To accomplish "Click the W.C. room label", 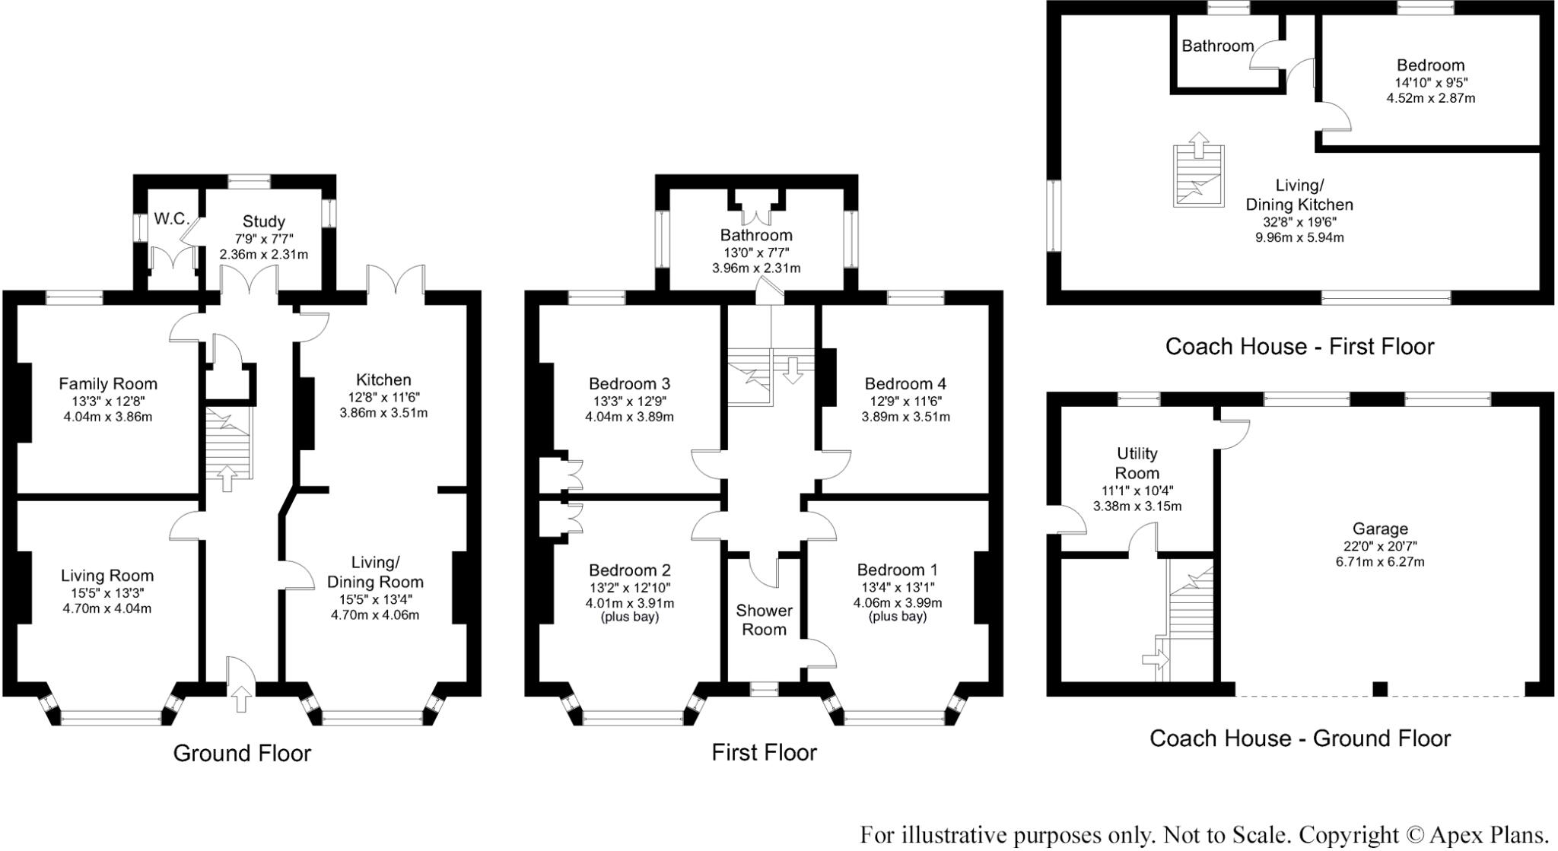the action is pos(171,219).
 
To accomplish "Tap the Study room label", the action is pos(263,221).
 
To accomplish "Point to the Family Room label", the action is pos(108,384).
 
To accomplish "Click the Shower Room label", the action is pos(764,620).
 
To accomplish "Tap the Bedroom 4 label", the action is pos(905,383).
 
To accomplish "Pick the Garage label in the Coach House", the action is pos(1380,529).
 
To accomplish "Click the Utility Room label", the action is pos(1137,463).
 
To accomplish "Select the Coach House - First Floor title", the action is pos(1299,347).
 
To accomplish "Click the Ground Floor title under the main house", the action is pos(242,753).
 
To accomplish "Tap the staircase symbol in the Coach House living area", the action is pos(1198,176).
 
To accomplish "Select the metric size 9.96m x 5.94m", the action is pos(1299,237).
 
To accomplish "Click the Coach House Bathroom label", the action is pos(1217,46).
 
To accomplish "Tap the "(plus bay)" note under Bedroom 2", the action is pos(630,617).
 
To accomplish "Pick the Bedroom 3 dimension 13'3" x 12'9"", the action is pos(630,401).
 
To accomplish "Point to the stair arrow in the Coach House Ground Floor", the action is pos(1156,660).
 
